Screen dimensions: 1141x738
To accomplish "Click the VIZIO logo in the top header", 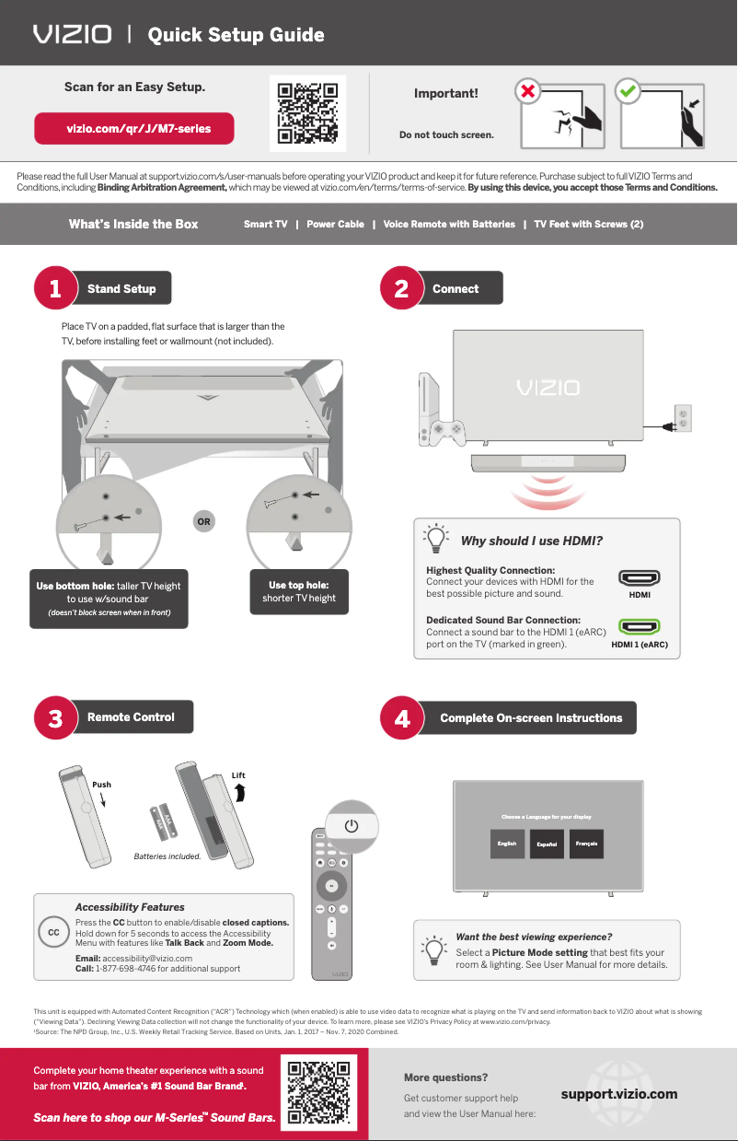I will pos(72,35).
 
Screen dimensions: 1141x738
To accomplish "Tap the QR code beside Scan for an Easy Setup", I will pos(307,114).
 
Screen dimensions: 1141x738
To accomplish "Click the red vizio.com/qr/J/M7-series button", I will pos(134,129).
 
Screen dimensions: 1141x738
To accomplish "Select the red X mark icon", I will pos(526,92).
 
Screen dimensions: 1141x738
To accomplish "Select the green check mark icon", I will pos(628,92).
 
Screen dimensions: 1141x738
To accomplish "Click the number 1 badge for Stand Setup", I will pos(55,288).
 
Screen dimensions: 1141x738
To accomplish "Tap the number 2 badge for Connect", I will pos(401,288).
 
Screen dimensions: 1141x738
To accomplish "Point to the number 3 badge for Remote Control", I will pos(55,718).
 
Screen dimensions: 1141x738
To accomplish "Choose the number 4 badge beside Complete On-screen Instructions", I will pos(401,718).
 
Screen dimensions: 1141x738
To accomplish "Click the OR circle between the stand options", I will pos(203,522).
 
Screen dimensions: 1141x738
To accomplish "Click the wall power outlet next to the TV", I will pos(683,418).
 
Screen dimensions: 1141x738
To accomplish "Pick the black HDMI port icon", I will pos(639,579).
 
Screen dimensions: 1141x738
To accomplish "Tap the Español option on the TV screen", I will pos(548,844).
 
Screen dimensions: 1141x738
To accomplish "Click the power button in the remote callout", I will pos(351,825).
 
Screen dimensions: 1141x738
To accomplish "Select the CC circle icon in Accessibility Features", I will pos(53,932).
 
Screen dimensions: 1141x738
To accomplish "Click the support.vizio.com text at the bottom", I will pos(619,1094).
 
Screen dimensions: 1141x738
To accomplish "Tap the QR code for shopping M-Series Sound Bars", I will pos(318,1094).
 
